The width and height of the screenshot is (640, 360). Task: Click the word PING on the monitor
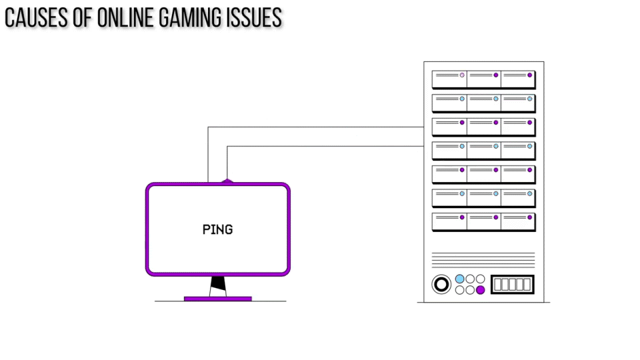[217, 229]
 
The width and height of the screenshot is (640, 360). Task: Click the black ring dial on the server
[441, 285]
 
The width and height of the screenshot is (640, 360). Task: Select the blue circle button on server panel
[459, 279]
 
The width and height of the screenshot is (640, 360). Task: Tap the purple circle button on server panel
[480, 289]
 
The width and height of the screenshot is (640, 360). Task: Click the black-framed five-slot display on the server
[512, 285]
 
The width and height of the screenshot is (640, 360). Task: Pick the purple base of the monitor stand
[217, 299]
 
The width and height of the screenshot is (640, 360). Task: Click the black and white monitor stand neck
[217, 286]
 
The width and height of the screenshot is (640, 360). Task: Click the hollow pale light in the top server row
[461, 75]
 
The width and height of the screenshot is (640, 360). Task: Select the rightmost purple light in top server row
[530, 75]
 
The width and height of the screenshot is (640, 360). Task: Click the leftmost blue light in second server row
[461, 99]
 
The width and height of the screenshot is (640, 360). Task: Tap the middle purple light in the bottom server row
[495, 217]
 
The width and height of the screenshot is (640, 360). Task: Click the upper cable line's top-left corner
[209, 127]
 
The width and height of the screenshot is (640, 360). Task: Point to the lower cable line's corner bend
[228, 147]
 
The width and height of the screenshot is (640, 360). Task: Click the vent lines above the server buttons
[483, 259]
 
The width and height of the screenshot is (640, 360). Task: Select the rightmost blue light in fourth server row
[530, 146]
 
